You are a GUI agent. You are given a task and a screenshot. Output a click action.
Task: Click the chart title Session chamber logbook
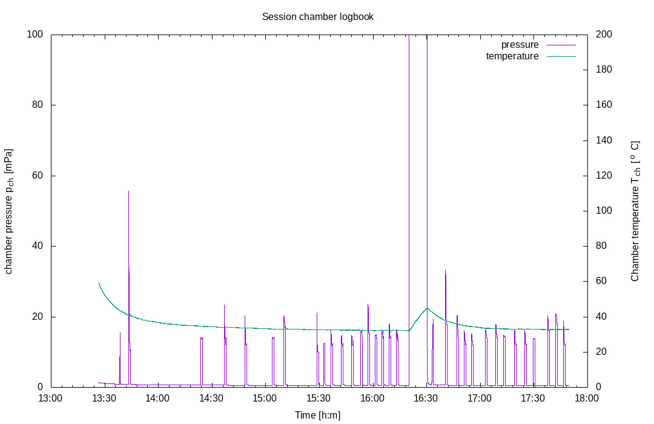(x=318, y=17)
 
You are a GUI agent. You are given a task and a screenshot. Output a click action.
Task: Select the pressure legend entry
(x=538, y=45)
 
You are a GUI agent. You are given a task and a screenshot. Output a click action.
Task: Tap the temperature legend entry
(x=530, y=56)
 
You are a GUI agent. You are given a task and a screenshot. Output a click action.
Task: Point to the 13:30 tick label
(x=104, y=398)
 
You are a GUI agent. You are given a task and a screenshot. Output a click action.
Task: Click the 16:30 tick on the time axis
(x=426, y=398)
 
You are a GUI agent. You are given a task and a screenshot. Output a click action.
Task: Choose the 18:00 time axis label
(x=587, y=398)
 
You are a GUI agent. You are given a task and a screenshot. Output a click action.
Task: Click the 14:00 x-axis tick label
(x=157, y=398)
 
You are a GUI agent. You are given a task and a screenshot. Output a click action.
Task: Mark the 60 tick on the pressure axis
(x=38, y=175)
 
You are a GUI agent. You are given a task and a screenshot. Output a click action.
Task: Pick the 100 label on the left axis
(x=35, y=34)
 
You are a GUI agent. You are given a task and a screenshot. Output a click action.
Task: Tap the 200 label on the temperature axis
(x=604, y=34)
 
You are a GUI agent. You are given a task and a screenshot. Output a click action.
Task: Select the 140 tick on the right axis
(x=604, y=140)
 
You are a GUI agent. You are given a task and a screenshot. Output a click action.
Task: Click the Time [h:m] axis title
(x=318, y=416)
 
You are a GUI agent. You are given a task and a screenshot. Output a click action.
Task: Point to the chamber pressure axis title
(x=8, y=211)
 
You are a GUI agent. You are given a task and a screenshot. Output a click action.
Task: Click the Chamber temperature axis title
(x=635, y=211)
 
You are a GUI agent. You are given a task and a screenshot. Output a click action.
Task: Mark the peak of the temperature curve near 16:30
(x=427, y=308)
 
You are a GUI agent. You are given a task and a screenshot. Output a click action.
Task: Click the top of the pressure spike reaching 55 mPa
(x=128, y=191)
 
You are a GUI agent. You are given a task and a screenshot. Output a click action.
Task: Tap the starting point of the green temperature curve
(x=99, y=283)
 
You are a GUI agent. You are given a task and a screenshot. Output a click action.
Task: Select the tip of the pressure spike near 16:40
(x=446, y=270)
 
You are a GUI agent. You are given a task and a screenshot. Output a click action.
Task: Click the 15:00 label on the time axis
(x=265, y=398)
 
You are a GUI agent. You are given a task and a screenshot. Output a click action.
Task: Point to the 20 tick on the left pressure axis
(x=38, y=316)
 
